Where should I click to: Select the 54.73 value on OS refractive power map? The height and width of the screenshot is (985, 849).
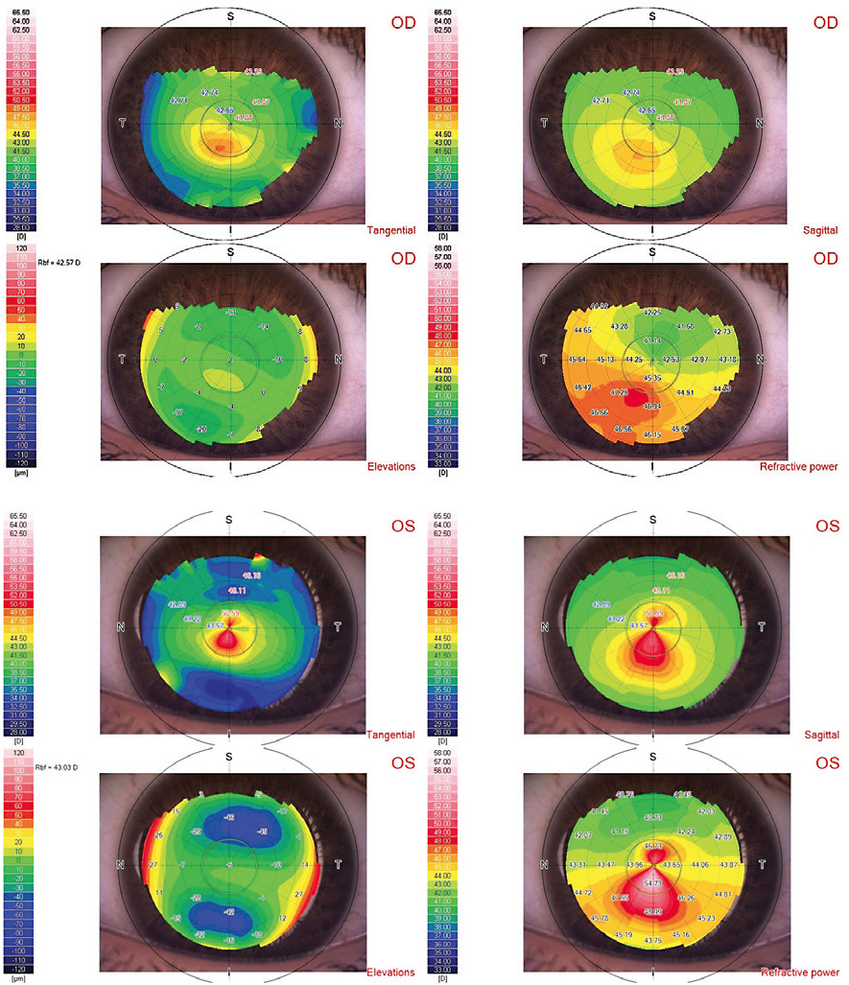(652, 882)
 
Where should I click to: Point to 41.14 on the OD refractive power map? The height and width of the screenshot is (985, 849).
(652, 340)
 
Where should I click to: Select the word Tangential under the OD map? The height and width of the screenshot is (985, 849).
(390, 230)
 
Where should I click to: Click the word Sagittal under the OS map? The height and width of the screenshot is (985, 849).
(818, 735)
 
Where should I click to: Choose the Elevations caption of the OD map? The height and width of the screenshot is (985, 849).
(391, 466)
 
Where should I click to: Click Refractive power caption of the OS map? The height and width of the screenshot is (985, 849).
(800, 973)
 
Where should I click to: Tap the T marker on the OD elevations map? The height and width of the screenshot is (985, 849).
(123, 360)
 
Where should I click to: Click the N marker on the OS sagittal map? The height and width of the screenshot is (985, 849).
(544, 628)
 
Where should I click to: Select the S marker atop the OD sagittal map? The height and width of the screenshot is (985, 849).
(652, 16)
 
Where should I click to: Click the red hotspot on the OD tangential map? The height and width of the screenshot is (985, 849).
(222, 147)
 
